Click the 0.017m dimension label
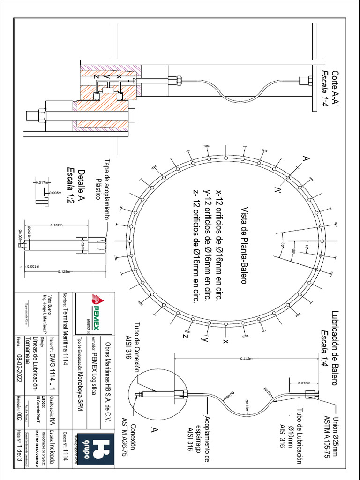(x=42, y=182)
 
